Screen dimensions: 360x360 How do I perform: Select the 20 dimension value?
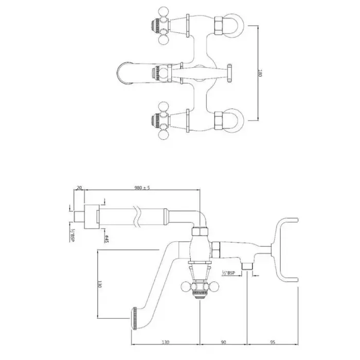(79, 188)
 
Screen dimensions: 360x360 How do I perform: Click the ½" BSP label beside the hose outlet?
(229, 272)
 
